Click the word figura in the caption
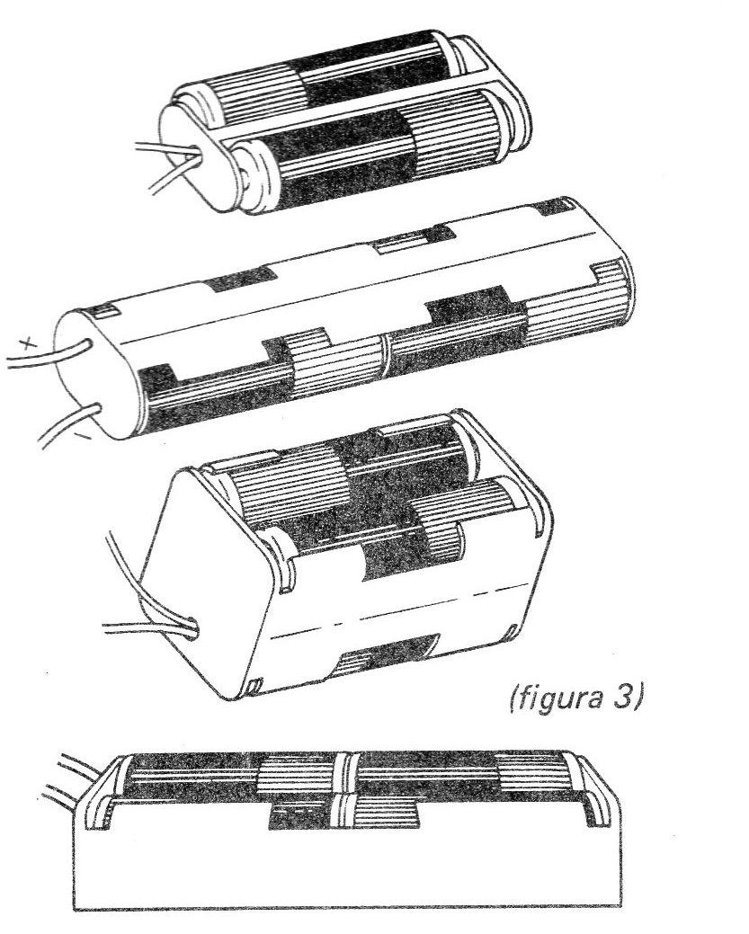coord(554,698)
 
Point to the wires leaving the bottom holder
coord(75,779)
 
